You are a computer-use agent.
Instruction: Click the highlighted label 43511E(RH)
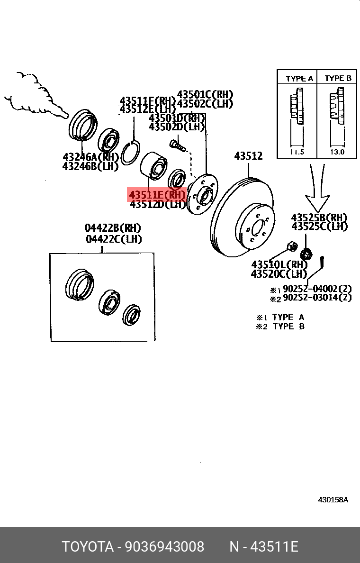tap(157, 194)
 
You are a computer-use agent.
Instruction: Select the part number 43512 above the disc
tap(248, 156)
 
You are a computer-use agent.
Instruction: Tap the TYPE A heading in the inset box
tap(299, 79)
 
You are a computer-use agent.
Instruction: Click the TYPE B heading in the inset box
tap(338, 79)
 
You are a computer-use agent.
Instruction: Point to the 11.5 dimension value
tap(297, 153)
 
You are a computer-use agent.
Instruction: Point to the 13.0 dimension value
tap(337, 153)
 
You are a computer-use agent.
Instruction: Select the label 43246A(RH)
tap(90, 156)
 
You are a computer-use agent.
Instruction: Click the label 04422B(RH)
tap(113, 228)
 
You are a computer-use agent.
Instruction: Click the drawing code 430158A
tap(333, 500)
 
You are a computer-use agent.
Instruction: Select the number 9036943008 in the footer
tap(164, 547)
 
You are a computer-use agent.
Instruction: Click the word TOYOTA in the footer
tap(88, 547)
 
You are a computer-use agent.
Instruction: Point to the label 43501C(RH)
tap(205, 94)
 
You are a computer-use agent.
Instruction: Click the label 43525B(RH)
tap(319, 218)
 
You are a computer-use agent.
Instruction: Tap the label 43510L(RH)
tap(279, 264)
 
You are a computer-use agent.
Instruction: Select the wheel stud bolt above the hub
tap(176, 143)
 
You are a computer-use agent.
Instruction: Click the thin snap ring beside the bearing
tap(129, 152)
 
